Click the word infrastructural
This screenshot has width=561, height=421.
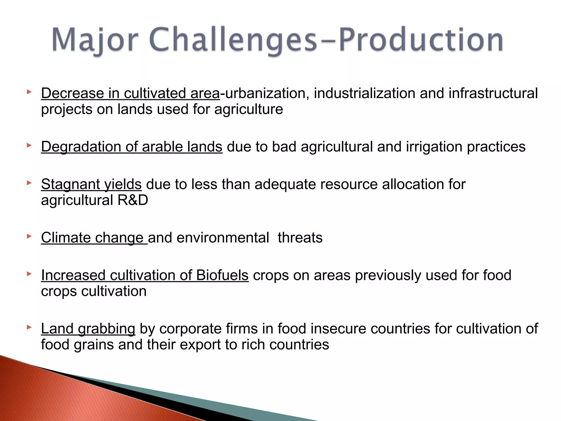click(x=493, y=93)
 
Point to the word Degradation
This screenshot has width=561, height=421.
click(x=81, y=147)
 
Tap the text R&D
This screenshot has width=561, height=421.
click(x=133, y=200)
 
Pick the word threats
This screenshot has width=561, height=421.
click(x=300, y=238)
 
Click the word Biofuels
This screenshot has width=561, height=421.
click(x=222, y=275)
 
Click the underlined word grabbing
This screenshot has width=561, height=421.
click(x=107, y=329)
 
